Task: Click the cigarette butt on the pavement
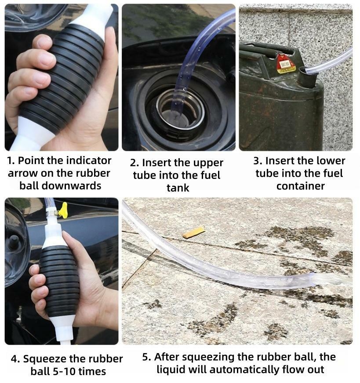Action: [x=194, y=232]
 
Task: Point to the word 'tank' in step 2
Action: [x=178, y=188]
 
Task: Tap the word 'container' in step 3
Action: [x=300, y=186]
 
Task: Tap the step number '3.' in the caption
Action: [x=258, y=161]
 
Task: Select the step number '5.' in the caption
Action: [x=147, y=357]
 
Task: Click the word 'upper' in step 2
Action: [x=207, y=164]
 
